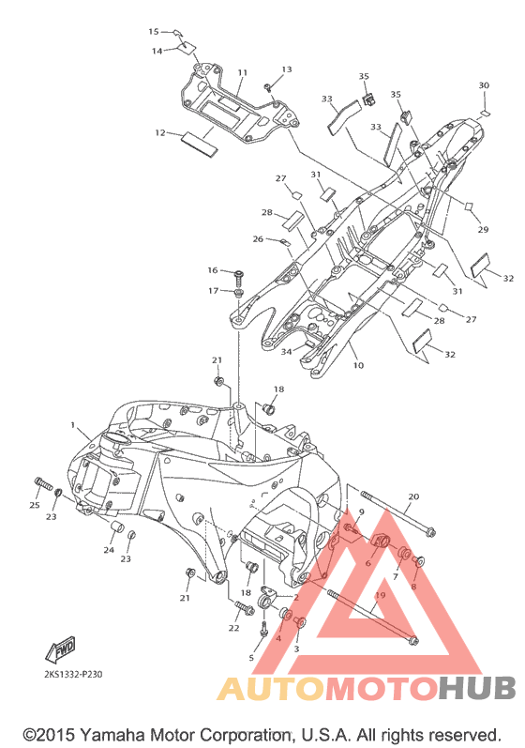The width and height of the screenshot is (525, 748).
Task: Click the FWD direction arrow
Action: pyautogui.click(x=61, y=649)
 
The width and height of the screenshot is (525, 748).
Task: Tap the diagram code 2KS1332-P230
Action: pyautogui.click(x=73, y=674)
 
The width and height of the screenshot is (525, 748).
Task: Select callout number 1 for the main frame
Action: pyautogui.click(x=73, y=424)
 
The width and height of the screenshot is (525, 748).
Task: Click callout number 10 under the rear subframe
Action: pyautogui.click(x=358, y=365)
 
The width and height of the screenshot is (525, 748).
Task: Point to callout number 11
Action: pyautogui.click(x=243, y=73)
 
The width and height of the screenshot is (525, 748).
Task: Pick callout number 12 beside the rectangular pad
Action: pyautogui.click(x=160, y=132)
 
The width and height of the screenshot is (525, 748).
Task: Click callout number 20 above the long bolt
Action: pyautogui.click(x=413, y=496)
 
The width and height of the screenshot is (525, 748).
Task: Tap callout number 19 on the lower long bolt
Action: pyautogui.click(x=381, y=595)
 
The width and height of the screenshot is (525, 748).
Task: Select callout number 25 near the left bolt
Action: pyautogui.click(x=35, y=505)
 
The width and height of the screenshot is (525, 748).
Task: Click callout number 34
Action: pyautogui.click(x=286, y=352)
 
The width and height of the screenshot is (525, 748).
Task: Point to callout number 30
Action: pyautogui.click(x=484, y=85)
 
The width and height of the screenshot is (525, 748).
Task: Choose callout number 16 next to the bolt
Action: pyautogui.click(x=213, y=270)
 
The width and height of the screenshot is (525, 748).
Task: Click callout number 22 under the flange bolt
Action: pyautogui.click(x=233, y=628)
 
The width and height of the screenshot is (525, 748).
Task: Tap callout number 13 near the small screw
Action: pyautogui.click(x=286, y=69)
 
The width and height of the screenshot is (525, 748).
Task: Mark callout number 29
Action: pyautogui.click(x=483, y=229)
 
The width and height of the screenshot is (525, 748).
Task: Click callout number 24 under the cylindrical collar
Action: pyautogui.click(x=109, y=550)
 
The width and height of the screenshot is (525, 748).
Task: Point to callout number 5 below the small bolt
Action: pyautogui.click(x=251, y=658)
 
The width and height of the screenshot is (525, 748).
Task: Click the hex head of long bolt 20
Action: pyautogui.click(x=430, y=531)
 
